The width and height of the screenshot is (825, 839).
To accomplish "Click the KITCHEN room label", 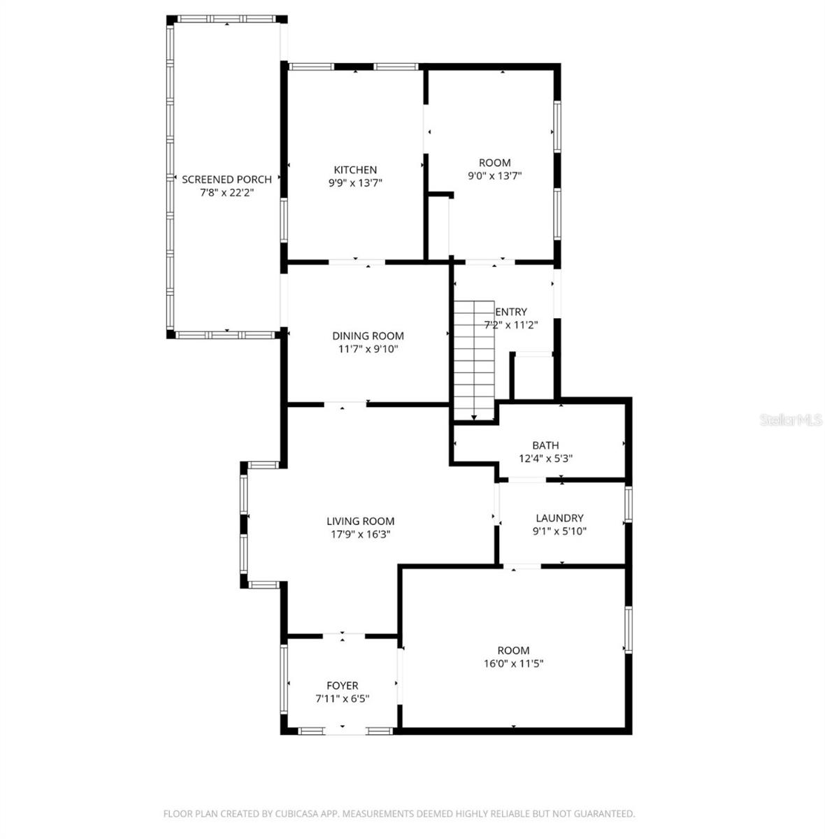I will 355,170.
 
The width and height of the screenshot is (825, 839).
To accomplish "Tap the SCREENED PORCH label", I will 227,180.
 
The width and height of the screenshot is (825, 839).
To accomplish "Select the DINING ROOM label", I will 368,336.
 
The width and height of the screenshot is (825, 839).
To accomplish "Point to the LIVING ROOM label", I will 360,521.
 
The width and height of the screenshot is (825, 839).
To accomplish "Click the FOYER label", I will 343,686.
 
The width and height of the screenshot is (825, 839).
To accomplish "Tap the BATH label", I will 545,445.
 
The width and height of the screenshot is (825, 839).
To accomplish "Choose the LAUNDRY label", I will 559,518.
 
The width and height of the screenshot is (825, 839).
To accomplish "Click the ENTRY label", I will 511,312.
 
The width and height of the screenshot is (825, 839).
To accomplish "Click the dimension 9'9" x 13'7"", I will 355,183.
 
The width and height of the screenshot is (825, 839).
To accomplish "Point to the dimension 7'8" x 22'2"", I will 227,193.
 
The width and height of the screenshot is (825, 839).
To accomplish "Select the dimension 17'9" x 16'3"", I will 360,534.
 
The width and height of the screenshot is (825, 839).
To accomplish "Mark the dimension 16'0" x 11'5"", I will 514,664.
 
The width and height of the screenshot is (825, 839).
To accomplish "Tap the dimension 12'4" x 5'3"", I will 545,459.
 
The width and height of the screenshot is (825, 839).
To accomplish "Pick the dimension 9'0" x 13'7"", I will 495,176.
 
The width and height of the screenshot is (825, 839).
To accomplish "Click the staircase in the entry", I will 474,360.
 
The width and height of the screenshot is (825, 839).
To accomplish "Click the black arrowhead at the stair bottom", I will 474,418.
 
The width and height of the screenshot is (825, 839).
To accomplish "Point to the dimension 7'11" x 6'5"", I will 343,698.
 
